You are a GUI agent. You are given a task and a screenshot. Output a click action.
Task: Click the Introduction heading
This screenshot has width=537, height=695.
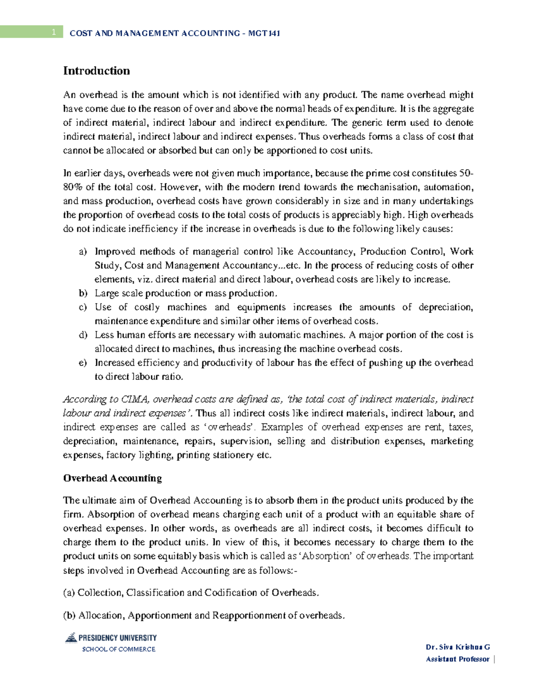point(96,71)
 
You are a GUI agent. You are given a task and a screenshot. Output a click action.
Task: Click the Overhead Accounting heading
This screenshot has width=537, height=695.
point(112,478)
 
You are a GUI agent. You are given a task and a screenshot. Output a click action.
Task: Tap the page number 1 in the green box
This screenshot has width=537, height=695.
point(54,32)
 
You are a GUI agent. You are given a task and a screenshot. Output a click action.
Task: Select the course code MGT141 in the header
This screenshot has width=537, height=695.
point(264,33)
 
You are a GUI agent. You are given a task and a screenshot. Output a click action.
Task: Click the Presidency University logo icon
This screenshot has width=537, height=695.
point(71,638)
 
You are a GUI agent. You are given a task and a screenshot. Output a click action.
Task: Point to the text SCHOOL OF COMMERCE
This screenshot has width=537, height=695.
point(119,649)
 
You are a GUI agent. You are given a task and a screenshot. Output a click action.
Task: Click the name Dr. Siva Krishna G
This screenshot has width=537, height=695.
point(458,647)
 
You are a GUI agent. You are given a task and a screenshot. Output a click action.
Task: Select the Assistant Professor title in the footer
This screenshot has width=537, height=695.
point(457,659)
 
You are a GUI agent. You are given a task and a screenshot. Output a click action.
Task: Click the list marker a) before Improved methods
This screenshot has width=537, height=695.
point(82,252)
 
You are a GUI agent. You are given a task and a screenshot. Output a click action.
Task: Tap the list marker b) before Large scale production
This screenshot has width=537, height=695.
point(82,294)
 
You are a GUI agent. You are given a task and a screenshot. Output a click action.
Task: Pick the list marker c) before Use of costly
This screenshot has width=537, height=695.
point(82,307)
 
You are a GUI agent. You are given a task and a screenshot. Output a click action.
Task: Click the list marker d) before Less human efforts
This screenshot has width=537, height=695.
point(82,335)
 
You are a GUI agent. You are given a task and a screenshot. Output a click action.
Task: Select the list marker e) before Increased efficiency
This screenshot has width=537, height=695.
point(82,363)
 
